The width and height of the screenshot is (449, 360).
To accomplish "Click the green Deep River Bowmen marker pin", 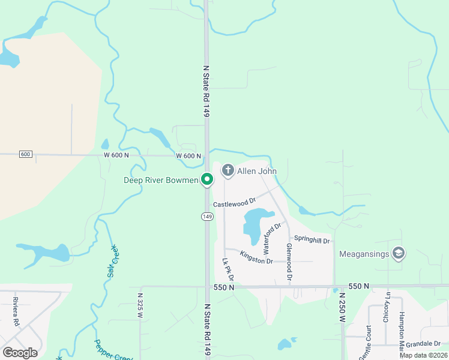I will pos(207,179).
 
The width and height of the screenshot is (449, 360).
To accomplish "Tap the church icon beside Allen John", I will pos(228,171).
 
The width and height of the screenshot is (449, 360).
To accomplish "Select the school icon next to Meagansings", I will pos(397,254).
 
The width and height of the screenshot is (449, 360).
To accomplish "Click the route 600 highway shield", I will pos(25,154).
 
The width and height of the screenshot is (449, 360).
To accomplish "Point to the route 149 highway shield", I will pos(207,216).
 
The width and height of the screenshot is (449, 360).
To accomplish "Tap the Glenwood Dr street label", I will pos(289,263).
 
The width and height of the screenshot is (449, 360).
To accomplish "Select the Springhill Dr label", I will pos(312,241).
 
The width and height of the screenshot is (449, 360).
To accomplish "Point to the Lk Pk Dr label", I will pos(227,270).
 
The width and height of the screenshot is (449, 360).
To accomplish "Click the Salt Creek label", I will pos(112,261).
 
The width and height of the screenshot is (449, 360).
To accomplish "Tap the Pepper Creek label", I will pos(113,350).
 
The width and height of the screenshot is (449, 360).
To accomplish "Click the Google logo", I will pos(20,352).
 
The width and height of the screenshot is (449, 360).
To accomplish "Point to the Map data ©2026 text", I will pos(423,355).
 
